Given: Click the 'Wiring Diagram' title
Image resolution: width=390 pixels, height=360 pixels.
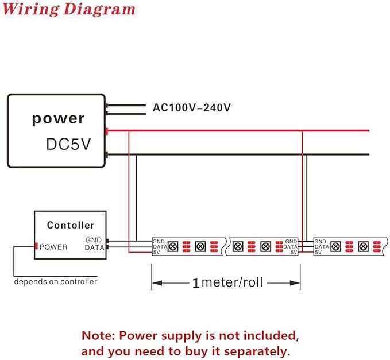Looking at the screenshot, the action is tap(69, 9).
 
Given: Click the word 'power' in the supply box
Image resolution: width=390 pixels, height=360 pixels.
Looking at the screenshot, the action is tap(58, 119).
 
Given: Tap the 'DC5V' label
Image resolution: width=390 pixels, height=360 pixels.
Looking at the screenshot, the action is tap(69, 144).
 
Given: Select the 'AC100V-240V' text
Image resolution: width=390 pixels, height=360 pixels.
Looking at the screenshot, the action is tap(191, 107).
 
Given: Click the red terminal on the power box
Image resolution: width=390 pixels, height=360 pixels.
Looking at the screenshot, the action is tap(106, 131).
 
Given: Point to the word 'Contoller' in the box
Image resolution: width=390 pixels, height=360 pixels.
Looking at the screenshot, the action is tap(71, 225).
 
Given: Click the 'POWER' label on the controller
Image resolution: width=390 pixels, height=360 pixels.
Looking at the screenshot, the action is tap(53, 247).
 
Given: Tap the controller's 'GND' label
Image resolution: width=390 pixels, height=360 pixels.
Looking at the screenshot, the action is tap(94, 240).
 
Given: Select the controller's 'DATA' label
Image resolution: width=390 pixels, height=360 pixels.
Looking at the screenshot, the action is tap(95, 247).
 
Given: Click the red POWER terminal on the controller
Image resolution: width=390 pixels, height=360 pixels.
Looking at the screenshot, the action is tap(36, 246).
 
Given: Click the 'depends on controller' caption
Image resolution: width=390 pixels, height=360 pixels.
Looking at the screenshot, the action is tap(56, 282).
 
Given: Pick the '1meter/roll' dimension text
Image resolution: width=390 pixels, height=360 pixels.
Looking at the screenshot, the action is tap(227, 282).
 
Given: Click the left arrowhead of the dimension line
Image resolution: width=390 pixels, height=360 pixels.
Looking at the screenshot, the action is tap(157, 283).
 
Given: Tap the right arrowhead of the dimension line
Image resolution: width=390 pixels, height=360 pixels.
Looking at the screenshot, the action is tap(295, 283).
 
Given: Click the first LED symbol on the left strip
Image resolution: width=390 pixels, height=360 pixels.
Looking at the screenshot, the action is tap(173, 247).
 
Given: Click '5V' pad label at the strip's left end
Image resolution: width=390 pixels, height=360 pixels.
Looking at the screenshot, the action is tap(156, 252).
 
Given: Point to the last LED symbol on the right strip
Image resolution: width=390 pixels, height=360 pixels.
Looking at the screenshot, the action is tap(363, 247).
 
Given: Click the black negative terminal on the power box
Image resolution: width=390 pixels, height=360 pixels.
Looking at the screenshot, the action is tap(106, 155).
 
